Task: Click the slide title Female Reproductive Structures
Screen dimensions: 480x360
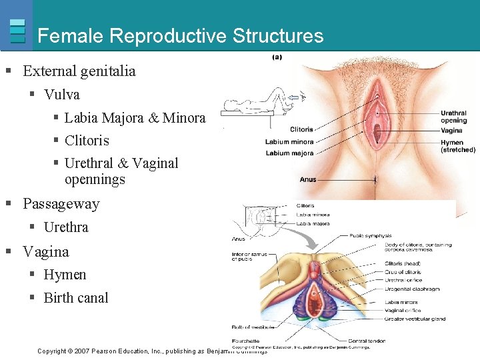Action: coord(181,35)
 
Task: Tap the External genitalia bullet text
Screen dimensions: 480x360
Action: coord(79,71)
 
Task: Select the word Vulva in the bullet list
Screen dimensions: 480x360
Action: coord(61,95)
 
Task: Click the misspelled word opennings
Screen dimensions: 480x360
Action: coord(95,179)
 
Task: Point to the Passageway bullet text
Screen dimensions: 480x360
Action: coord(61,204)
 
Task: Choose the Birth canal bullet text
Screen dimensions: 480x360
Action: coord(75,298)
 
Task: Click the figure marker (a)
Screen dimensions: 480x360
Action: coord(277,57)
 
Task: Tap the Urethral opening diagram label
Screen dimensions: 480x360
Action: coord(453,117)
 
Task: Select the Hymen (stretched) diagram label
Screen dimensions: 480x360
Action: coord(457,146)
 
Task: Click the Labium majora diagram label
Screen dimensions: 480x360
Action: coord(289,153)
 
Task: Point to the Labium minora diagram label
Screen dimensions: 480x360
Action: coord(289,142)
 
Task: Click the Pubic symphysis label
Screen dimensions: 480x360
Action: coord(371,235)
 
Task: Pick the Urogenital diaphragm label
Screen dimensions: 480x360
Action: coord(412,289)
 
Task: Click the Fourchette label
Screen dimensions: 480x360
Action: coord(247,341)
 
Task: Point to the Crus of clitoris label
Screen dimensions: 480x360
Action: coord(403,272)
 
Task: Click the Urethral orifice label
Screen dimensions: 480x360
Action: coord(404,280)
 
